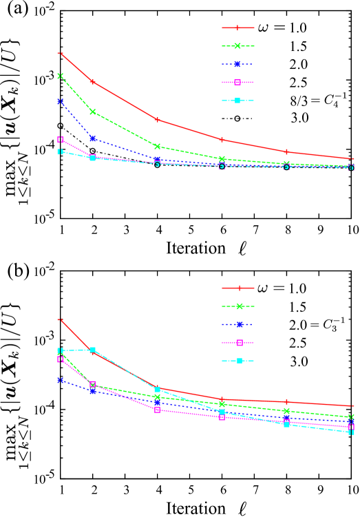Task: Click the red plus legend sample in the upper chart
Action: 237,28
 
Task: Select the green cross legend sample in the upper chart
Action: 237,46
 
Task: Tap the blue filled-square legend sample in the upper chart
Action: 237,64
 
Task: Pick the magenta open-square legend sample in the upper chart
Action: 237,83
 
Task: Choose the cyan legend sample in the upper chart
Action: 237,101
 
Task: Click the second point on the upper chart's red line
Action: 93,82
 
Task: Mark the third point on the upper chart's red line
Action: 158,120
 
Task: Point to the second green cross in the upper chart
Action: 93,112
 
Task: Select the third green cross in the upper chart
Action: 158,147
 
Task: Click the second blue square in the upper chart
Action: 93,138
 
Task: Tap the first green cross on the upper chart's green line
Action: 61,76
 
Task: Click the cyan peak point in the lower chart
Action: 93,350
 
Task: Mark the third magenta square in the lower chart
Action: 158,410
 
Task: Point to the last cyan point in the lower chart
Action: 351,432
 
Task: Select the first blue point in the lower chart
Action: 61,380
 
